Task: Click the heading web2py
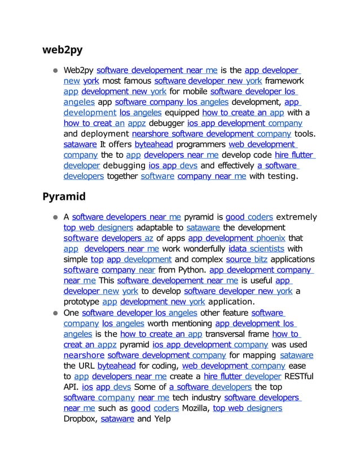coord(63,50)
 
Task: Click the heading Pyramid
coord(64,197)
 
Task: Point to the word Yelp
coord(161,419)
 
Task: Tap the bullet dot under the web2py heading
coord(56,71)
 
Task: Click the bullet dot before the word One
coord(56,313)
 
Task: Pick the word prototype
coord(81,302)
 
